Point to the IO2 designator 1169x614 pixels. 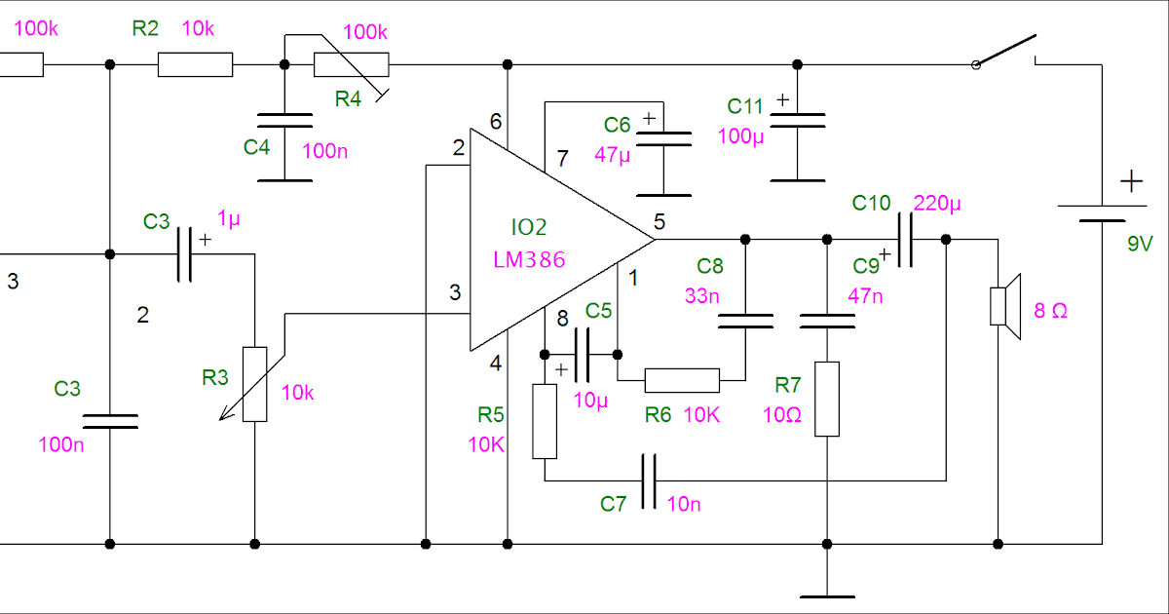[529, 228]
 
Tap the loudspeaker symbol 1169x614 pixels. [1003, 306]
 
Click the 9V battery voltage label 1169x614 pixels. [1140, 244]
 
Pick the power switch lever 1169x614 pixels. [1005, 51]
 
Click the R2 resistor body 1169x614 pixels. [195, 65]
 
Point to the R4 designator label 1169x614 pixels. [348, 97]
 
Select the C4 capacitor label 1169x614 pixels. [256, 148]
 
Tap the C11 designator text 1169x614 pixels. [746, 105]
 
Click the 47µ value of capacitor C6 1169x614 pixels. [614, 154]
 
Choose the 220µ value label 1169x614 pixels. [936, 204]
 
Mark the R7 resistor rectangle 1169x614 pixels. [826, 399]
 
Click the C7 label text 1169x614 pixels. [614, 504]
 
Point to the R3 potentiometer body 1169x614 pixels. [254, 384]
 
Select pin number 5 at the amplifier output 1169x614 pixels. [660, 222]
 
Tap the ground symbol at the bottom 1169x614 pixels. [826, 595]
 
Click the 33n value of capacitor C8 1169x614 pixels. [701, 295]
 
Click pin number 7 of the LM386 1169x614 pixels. [561, 158]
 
